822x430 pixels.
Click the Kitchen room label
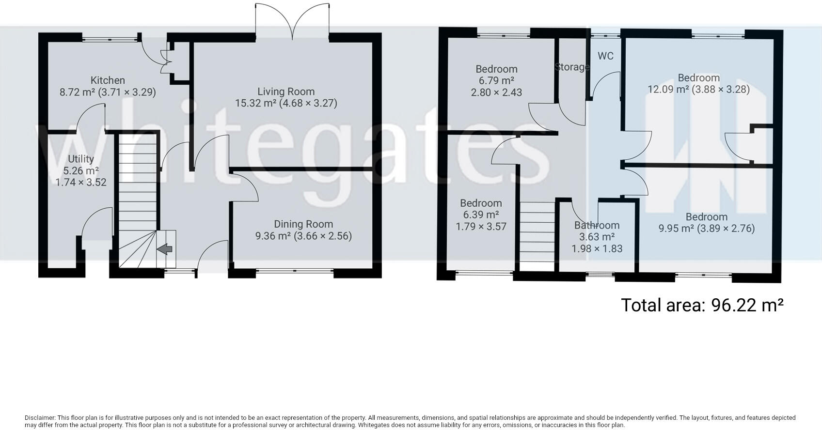[108, 80]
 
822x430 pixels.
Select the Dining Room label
[303, 224]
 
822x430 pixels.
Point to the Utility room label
[81, 159]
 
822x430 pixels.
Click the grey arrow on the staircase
[165, 249]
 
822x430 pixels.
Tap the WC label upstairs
[605, 56]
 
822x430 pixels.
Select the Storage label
[572, 67]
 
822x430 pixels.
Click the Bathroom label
[597, 225]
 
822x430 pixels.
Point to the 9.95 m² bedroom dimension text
[726, 229]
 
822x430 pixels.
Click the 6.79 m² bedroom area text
[496, 80]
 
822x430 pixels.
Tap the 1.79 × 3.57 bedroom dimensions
[481, 226]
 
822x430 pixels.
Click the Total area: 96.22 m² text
[702, 305]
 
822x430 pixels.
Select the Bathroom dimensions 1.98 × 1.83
[597, 248]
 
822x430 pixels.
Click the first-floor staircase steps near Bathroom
[537, 232]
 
